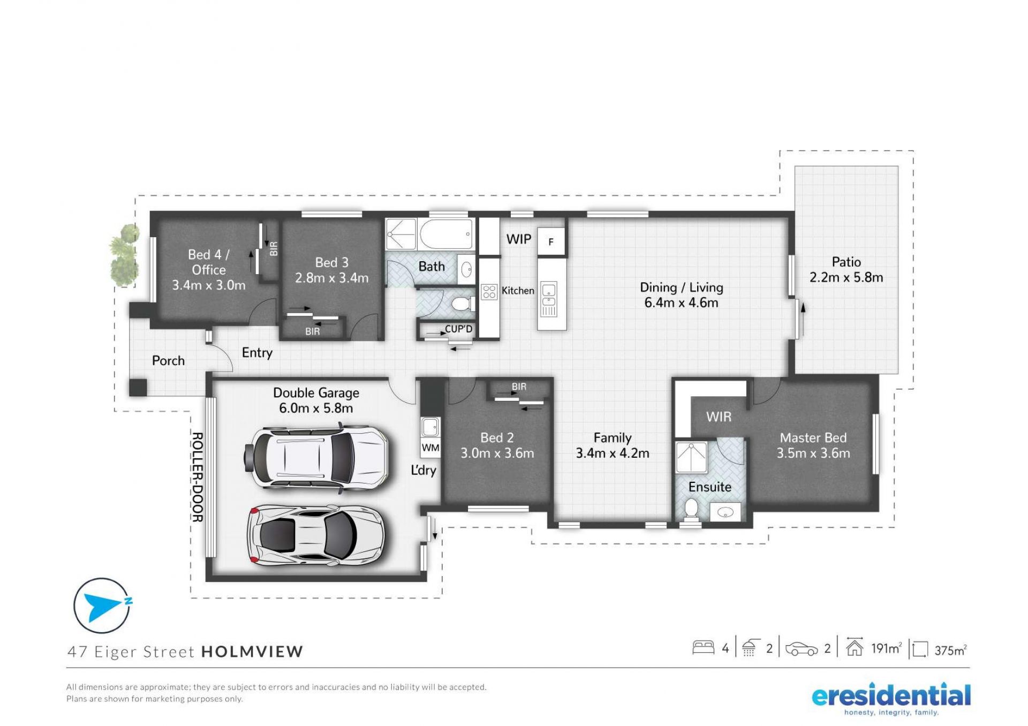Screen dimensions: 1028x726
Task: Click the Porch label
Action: click(168, 361)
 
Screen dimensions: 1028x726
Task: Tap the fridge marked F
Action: click(551, 243)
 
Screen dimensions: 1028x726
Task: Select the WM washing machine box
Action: click(430, 448)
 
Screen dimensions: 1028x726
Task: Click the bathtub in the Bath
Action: click(447, 235)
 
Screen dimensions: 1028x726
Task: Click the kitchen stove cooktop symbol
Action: click(489, 292)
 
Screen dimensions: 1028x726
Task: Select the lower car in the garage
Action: click(315, 535)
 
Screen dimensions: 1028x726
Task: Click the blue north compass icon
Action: click(102, 606)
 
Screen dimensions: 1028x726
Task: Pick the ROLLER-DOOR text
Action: click(197, 477)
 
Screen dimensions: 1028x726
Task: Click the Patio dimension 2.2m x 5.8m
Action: click(846, 278)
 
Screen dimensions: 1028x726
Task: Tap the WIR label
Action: click(719, 417)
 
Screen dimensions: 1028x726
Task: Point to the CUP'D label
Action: click(459, 329)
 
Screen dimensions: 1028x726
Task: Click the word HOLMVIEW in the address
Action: click(252, 652)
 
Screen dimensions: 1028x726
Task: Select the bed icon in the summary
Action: click(704, 648)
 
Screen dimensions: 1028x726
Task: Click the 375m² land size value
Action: click(950, 650)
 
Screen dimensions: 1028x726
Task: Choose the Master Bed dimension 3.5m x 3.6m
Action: click(813, 453)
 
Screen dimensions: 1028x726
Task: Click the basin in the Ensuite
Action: click(725, 512)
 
